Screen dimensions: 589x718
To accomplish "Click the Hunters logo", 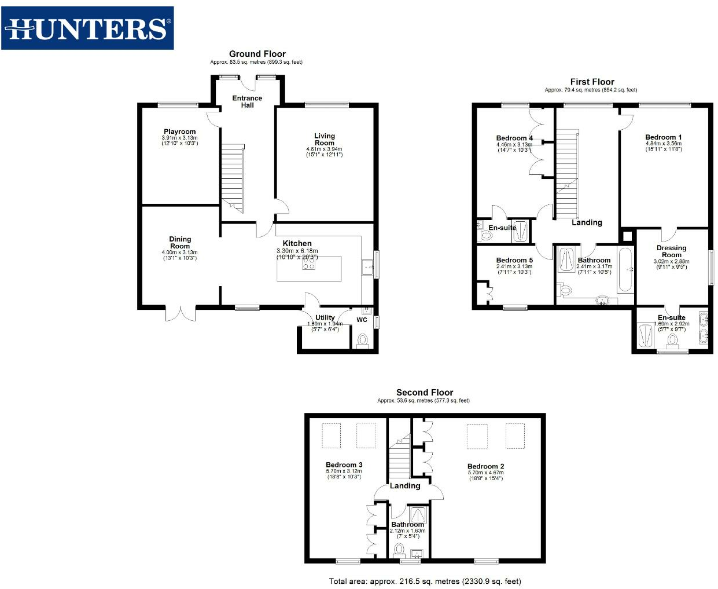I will pos(87,28).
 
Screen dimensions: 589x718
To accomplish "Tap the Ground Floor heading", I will pos(257,54).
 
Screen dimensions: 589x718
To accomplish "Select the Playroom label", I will pos(179,132).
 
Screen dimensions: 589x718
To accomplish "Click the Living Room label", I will pos(324,139).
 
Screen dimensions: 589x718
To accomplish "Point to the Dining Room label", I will pos(180,243).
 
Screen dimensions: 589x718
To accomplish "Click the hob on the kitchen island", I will pos(309,264).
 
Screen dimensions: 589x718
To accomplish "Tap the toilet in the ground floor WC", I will pos(363,341).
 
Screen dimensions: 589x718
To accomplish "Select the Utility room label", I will pos(325,317).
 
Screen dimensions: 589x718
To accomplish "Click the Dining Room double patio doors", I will pos(181,313).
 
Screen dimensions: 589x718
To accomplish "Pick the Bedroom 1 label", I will pos(663,137).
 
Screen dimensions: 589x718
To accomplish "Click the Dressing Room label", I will pos(671,251).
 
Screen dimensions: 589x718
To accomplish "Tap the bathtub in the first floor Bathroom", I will pos(625,270).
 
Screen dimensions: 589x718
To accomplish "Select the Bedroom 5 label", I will pos(514,260).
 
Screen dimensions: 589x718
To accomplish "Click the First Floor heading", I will pos(592,82).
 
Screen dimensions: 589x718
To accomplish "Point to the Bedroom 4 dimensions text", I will pos(514,147).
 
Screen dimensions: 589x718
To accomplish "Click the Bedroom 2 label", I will pos(485,466).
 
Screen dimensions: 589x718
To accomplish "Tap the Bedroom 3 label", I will pos(344,464).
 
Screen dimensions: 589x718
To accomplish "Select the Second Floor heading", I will pos(424,392).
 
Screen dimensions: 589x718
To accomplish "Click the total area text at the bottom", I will pos(425,581).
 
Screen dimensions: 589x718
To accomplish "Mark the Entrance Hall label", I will pos(247,101).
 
